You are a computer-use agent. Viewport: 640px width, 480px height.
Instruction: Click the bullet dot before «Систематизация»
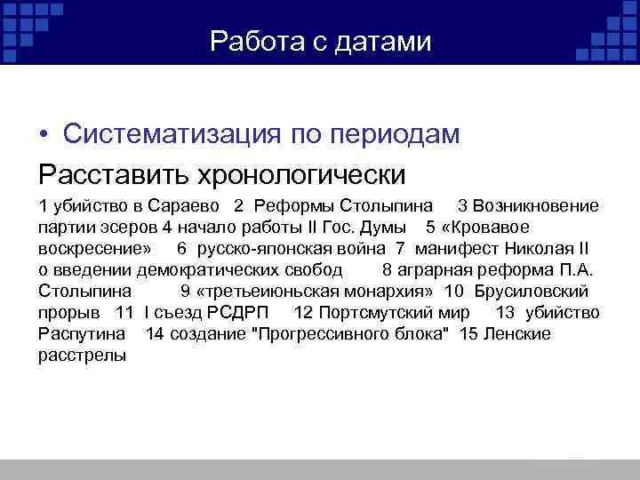(x=44, y=135)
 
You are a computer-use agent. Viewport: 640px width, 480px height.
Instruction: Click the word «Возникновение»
(x=536, y=206)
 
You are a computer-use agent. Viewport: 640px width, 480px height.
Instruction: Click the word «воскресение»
(x=93, y=249)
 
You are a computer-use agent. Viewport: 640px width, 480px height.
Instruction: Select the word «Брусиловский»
(x=531, y=292)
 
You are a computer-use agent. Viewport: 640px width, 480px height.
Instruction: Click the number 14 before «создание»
(x=155, y=334)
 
